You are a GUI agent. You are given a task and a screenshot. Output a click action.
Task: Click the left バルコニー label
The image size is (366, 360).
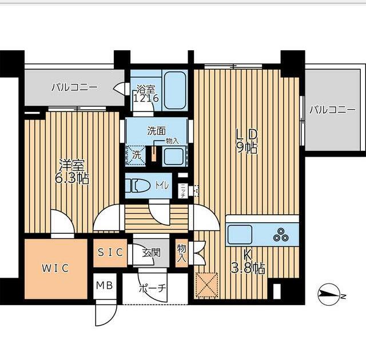pyautogui.click(x=74, y=88)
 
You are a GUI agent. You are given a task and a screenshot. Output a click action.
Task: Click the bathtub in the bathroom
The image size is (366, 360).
pyautogui.click(x=174, y=90)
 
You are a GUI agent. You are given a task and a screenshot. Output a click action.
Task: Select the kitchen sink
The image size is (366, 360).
pyautogui.click(x=240, y=234)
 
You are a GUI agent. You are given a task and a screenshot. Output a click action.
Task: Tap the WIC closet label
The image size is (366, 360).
pyautogui.click(x=55, y=269)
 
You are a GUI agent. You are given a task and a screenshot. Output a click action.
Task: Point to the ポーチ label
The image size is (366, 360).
pyautogui.click(x=153, y=288)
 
